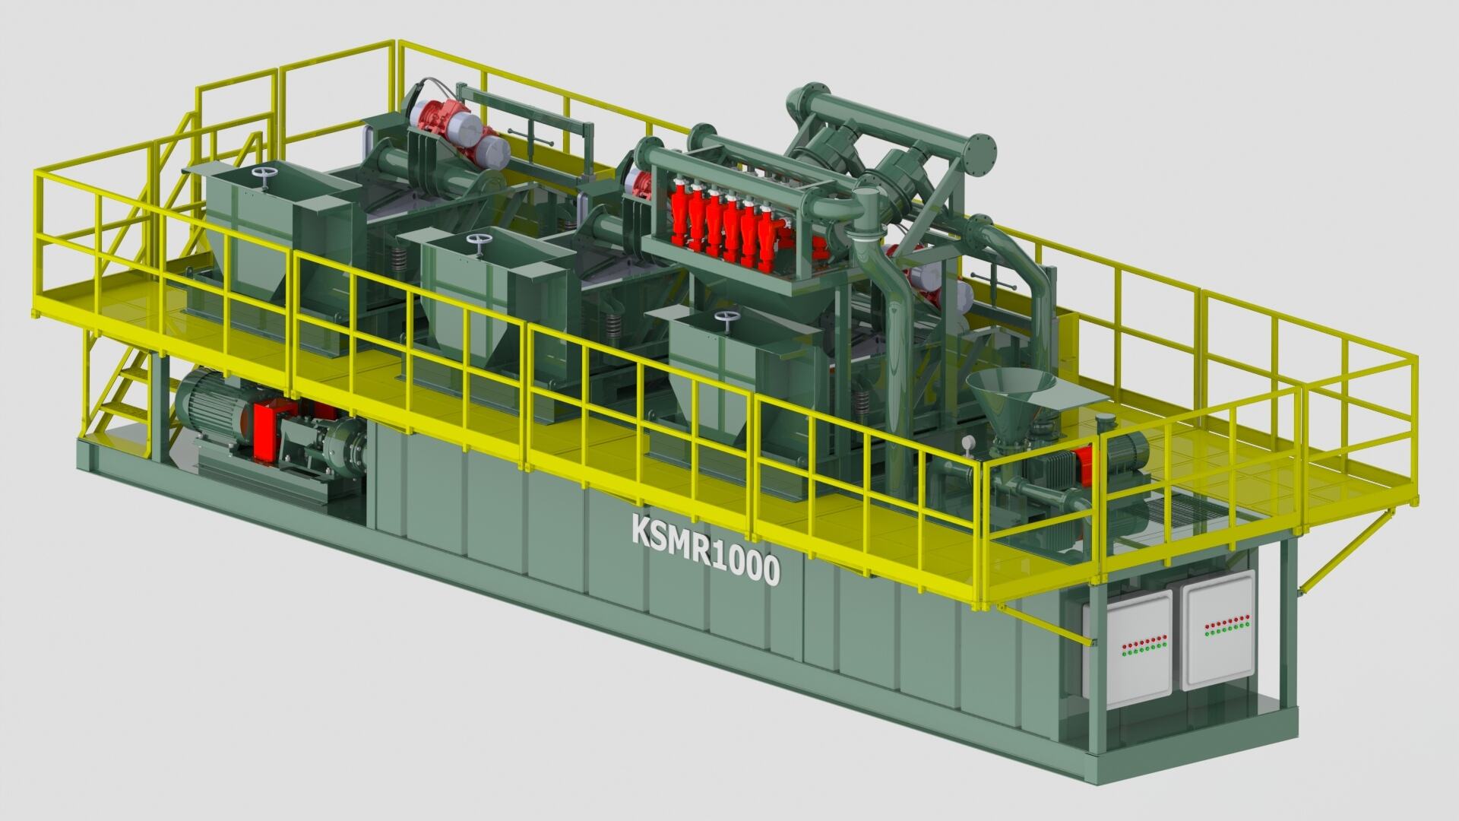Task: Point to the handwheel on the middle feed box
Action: (478, 245)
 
